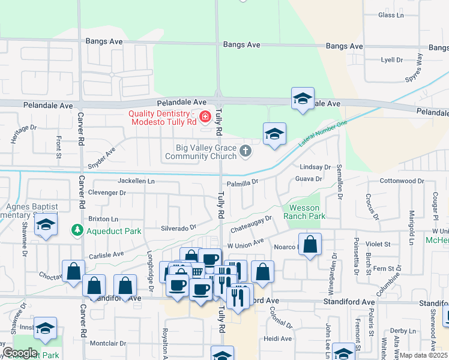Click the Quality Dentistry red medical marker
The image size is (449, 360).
205,116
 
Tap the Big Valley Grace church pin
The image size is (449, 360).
245,151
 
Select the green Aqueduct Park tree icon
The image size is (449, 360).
76,230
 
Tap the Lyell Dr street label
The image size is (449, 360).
391,60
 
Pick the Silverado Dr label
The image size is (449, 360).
179,228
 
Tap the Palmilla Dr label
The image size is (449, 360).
243,181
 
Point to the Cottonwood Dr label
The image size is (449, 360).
402,181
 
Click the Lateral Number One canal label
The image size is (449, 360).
323,134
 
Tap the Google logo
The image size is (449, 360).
19,353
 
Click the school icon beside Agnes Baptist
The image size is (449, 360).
45,226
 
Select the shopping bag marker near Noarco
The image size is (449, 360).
310,244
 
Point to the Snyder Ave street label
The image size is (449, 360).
102,158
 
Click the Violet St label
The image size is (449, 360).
379,244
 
